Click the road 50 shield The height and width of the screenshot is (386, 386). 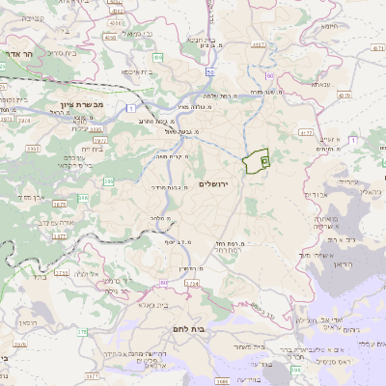point(209,71)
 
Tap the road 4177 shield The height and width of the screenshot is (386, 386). point(307,132)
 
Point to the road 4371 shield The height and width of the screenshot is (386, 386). point(259,44)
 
